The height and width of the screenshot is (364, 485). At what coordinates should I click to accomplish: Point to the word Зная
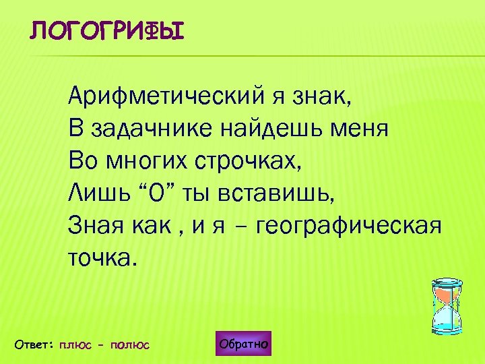(x=95, y=226)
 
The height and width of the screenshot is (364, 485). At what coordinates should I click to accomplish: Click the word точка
(x=102, y=257)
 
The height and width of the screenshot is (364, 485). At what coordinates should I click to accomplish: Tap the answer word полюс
(x=130, y=345)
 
